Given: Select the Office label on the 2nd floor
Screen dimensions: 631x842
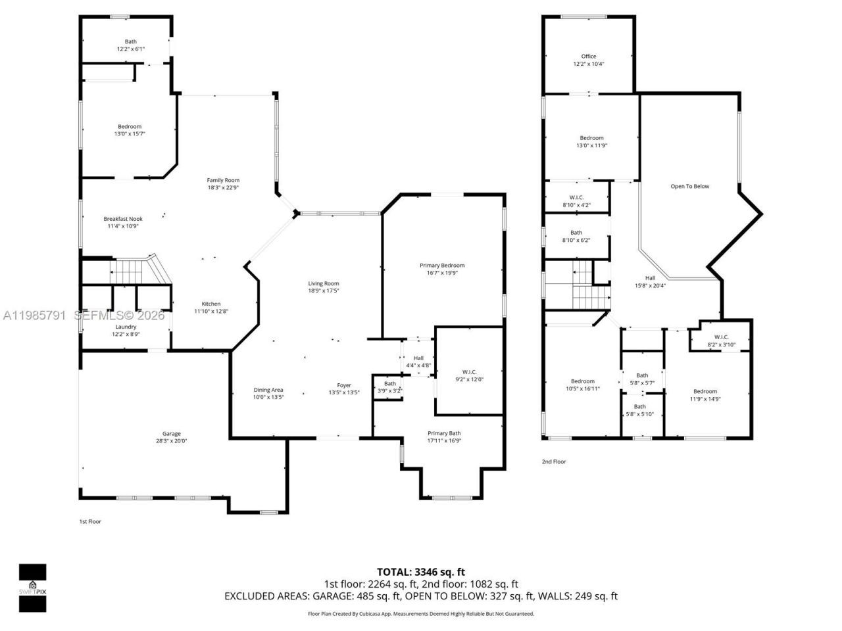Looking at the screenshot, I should tap(589, 57).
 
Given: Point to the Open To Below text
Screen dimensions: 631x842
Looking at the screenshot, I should tap(689, 186).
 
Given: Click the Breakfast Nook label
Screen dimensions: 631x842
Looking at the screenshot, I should tap(123, 219).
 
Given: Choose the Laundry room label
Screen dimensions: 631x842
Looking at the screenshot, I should tap(126, 327).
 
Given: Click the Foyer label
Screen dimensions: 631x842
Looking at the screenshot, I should tap(344, 385).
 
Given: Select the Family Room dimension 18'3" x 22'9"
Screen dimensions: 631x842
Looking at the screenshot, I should tap(223, 187).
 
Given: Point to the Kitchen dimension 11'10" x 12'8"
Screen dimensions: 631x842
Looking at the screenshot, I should tap(211, 312).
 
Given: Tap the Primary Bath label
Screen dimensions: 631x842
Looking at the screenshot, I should tap(444, 433).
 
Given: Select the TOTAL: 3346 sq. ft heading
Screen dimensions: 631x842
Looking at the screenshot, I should tap(420, 572).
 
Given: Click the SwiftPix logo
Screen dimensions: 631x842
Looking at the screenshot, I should tap(32, 587).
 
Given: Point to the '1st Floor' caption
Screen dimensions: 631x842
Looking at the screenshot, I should tap(90, 521).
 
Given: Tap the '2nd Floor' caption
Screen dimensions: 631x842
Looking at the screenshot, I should tap(554, 461).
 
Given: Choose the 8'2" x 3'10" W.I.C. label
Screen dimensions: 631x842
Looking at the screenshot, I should tap(721, 341).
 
